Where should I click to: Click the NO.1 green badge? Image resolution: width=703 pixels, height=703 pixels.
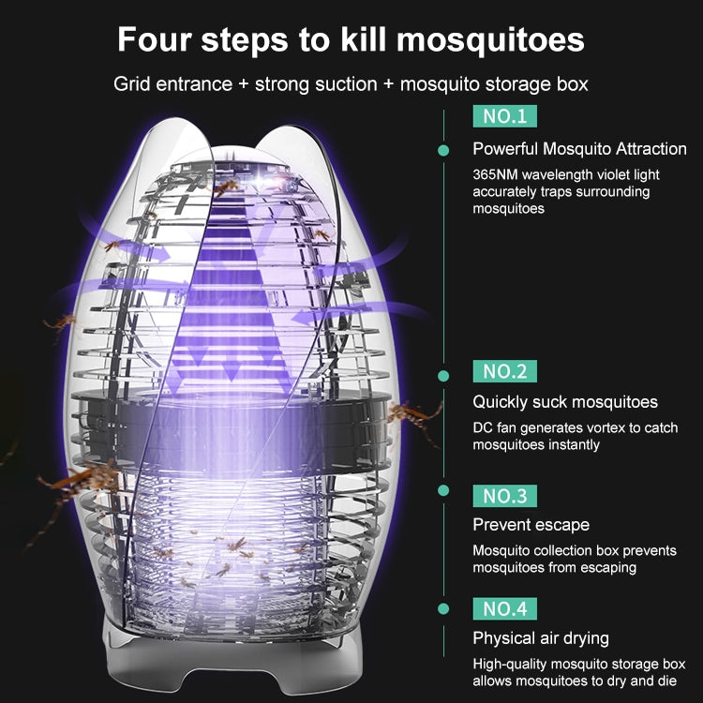click(505, 117)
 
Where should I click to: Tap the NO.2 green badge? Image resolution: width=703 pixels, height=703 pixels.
click(505, 371)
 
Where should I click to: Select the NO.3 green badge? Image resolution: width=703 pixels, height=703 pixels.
click(505, 495)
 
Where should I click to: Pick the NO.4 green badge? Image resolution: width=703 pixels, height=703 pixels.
click(505, 608)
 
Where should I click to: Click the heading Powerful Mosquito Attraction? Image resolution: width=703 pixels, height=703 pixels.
click(579, 149)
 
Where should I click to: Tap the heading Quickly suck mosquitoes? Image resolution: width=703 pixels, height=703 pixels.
click(565, 402)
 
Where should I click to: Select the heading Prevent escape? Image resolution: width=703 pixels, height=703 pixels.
click(531, 525)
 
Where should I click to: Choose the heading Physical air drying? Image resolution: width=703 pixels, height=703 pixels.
click(541, 638)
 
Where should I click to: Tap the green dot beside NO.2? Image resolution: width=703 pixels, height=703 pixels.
click(444, 375)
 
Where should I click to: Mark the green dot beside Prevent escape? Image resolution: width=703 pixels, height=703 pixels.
click(444, 489)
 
